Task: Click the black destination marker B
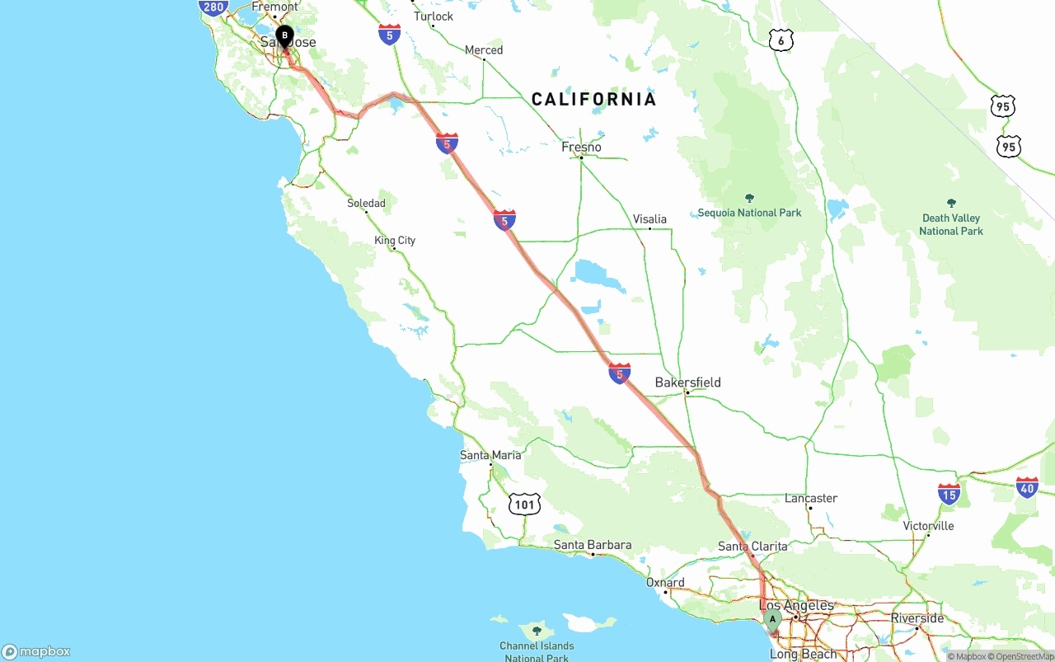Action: [284, 36]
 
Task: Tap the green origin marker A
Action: [772, 619]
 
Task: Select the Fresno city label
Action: [581, 148]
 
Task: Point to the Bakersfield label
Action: [687, 383]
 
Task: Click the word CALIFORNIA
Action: [593, 100]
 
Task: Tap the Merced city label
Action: [484, 50]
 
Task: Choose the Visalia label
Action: [649, 219]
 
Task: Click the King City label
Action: [395, 241]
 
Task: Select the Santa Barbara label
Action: [592, 545]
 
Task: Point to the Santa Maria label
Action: [490, 455]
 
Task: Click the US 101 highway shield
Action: [524, 504]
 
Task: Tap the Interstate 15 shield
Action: [949, 494]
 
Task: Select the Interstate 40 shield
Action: [1027, 487]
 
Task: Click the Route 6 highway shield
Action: [781, 40]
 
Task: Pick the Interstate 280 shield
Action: [213, 7]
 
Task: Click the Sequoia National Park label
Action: [749, 213]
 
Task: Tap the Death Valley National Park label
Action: [951, 224]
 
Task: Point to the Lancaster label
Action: [811, 499]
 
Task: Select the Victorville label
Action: [928, 526]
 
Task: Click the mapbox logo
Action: [36, 651]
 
